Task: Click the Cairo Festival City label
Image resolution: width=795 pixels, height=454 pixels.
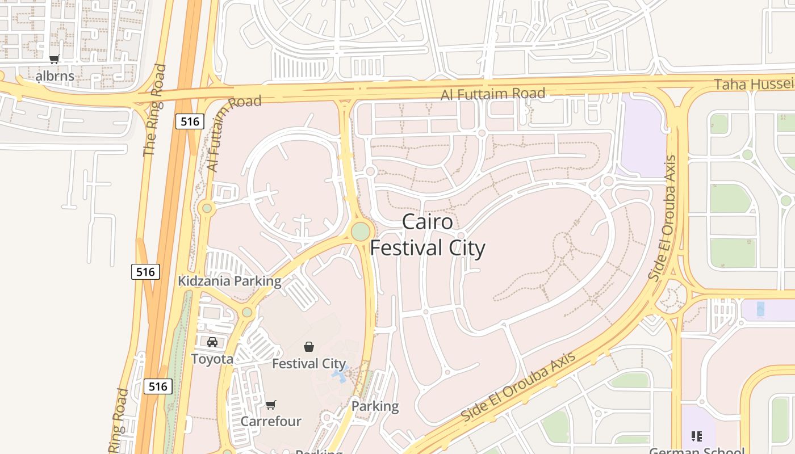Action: tap(428, 235)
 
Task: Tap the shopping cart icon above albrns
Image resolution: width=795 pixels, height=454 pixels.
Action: tap(55, 60)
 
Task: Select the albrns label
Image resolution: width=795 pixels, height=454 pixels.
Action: tap(55, 76)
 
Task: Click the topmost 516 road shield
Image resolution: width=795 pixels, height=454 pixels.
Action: tap(189, 121)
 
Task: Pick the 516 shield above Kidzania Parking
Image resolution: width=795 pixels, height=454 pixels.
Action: tap(145, 272)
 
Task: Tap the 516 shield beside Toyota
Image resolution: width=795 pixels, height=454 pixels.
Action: tap(157, 386)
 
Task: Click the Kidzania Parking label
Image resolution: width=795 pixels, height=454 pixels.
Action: tap(229, 281)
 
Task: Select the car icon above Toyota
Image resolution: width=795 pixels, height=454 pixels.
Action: tap(212, 342)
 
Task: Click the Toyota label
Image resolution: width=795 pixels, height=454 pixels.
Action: tap(212, 359)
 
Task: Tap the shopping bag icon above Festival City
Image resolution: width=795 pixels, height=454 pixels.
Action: tap(309, 346)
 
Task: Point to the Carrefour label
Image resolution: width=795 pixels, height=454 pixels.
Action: tap(271, 422)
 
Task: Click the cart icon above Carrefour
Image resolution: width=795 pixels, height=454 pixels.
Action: tap(271, 405)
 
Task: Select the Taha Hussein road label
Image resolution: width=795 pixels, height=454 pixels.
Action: tap(754, 85)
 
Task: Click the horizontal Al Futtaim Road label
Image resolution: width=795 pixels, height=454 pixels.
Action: tap(492, 94)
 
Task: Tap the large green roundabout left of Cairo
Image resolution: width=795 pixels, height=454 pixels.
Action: tap(361, 232)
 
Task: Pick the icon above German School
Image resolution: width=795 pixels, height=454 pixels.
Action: tap(697, 436)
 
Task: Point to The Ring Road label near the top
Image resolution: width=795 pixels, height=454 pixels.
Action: tap(154, 111)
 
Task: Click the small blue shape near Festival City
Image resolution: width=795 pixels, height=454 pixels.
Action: tap(340, 375)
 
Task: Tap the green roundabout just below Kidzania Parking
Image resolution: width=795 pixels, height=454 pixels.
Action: tap(247, 312)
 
